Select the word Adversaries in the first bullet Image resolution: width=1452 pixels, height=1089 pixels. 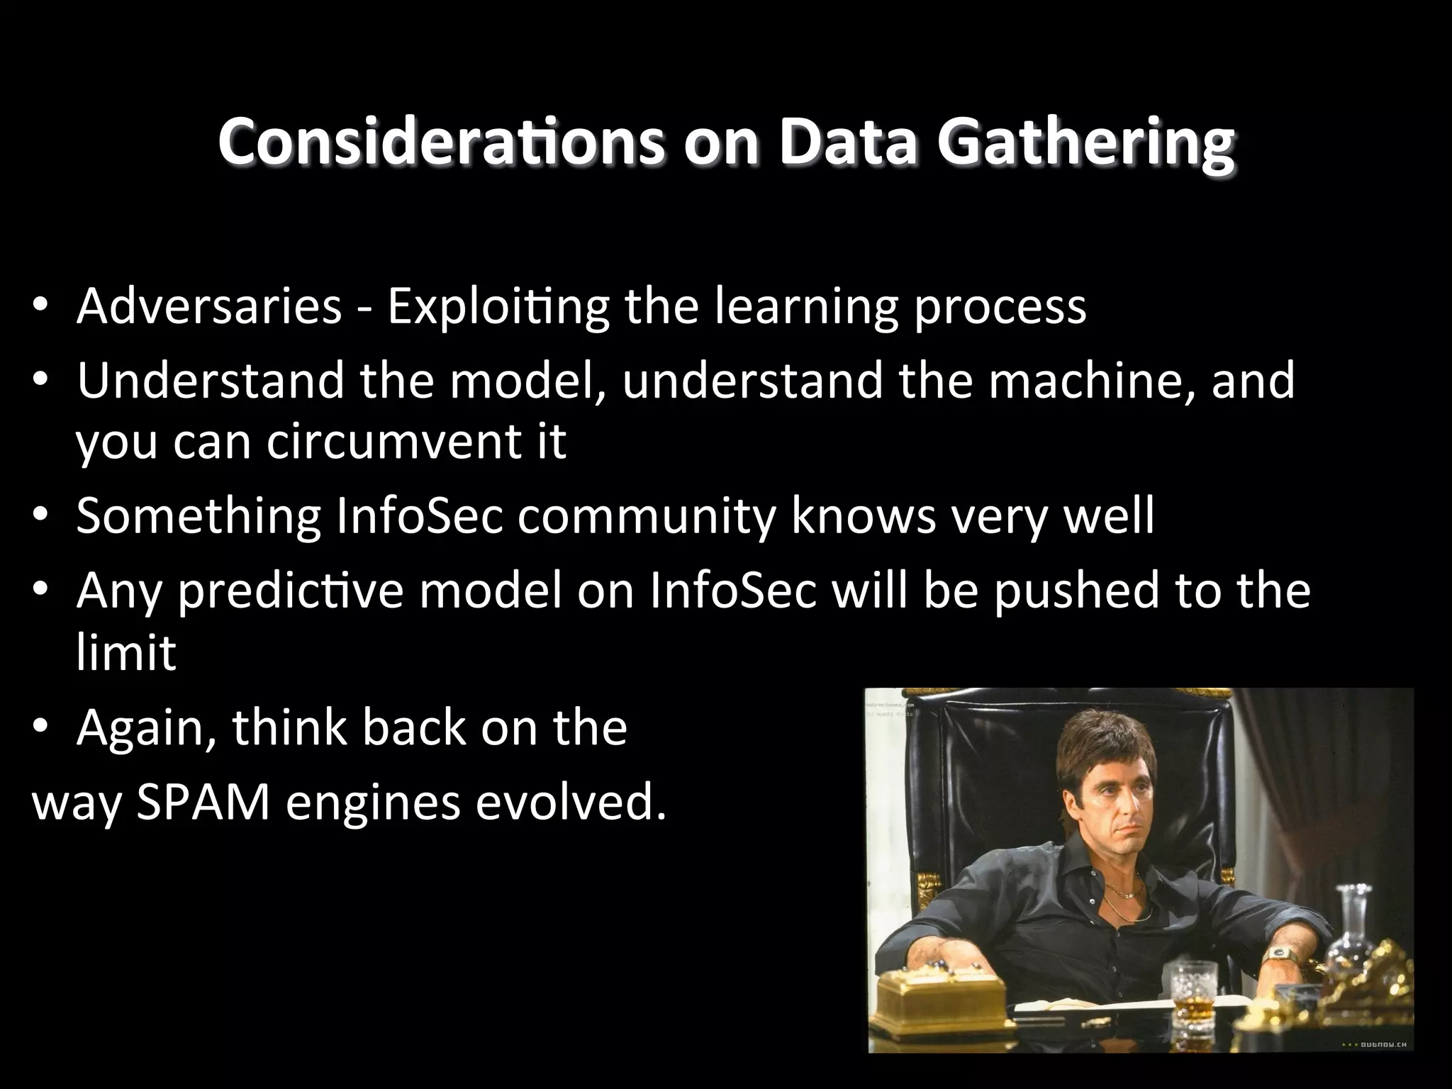(209, 306)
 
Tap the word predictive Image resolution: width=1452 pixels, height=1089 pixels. (291, 590)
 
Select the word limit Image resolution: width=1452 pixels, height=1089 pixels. (125, 652)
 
